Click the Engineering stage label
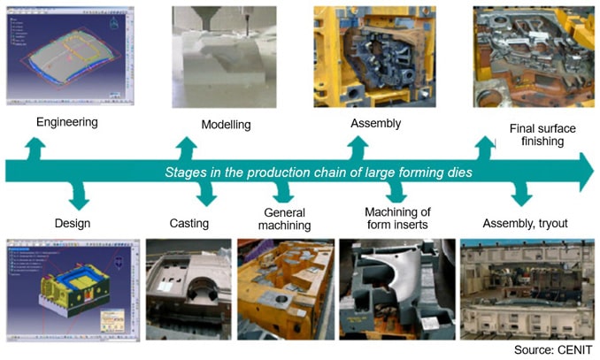[66, 120]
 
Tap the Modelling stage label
[226, 125]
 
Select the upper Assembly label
[375, 123]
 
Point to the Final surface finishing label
[542, 135]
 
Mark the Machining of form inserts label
[397, 217]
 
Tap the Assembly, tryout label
[527, 223]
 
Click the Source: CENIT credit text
[554, 349]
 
